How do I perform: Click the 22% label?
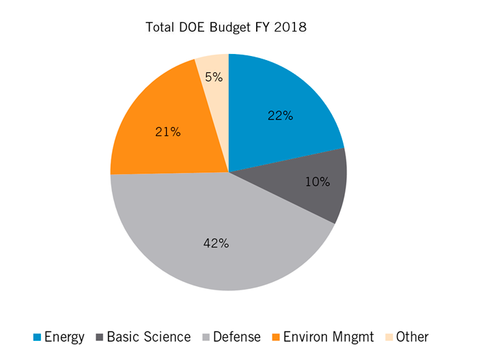pos(280,116)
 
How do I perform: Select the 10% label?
pos(318,182)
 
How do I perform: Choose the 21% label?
pos(168,132)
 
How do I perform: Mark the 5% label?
pos(214,77)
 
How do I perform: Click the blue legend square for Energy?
pos(38,337)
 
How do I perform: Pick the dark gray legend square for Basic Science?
pos(100,337)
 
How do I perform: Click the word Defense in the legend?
pos(237,337)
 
